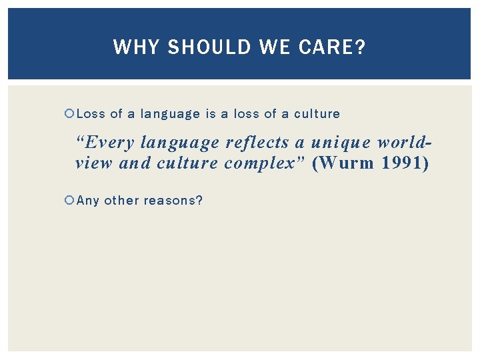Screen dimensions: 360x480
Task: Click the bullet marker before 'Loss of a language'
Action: pos(70,114)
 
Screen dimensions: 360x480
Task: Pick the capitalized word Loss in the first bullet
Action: pos(91,114)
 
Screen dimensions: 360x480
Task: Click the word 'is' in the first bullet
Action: pos(211,114)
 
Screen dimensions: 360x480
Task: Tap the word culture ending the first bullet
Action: pos(317,114)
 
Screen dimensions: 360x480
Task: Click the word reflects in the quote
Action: pos(257,143)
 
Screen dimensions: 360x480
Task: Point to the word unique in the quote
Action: pos(336,143)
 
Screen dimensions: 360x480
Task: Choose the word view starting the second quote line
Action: pos(94,164)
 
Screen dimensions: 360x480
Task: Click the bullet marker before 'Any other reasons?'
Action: pos(70,200)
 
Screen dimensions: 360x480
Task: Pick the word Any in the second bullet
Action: pos(88,200)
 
